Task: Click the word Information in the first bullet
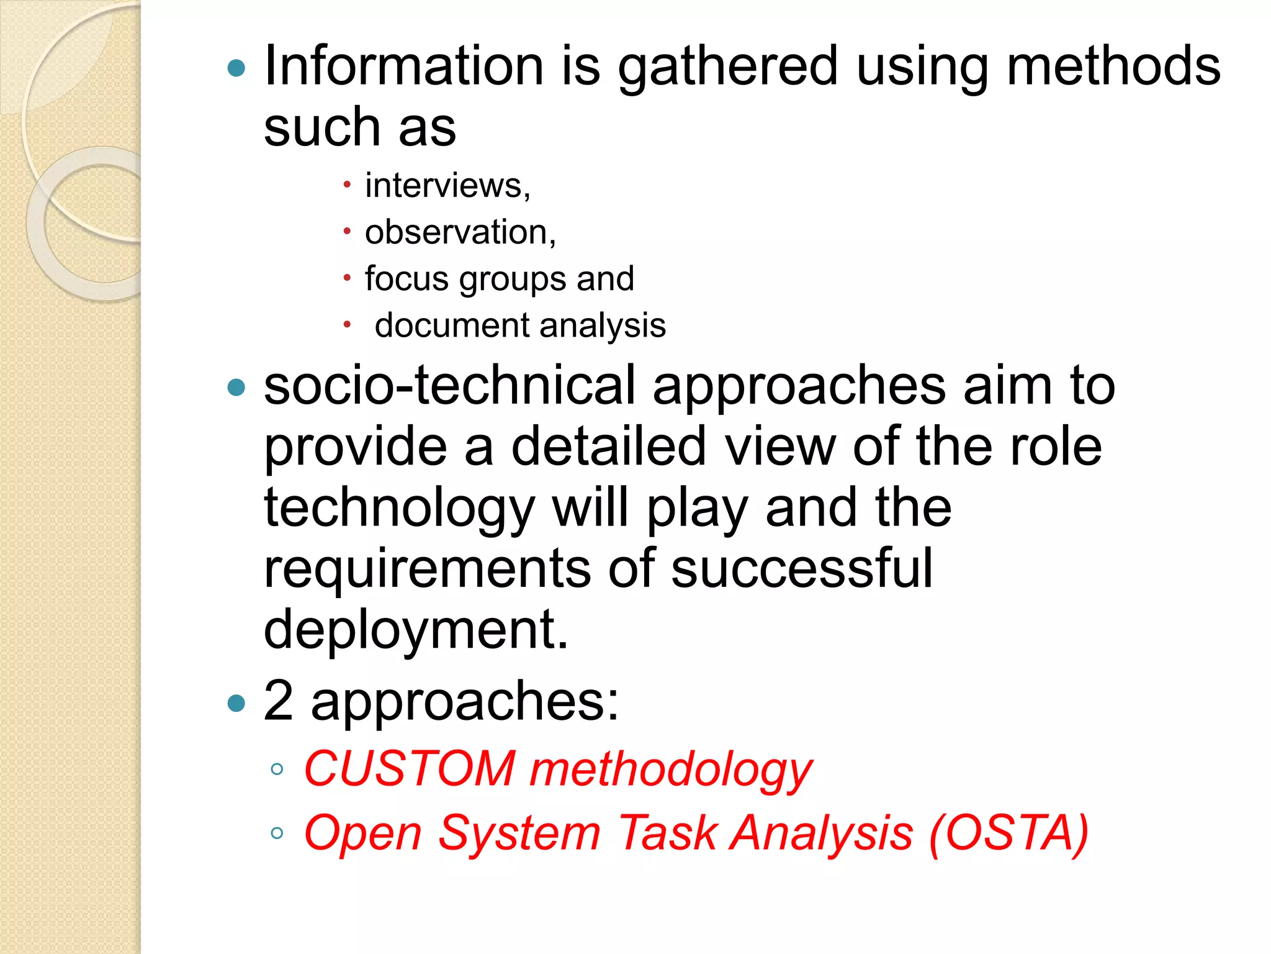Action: point(404,66)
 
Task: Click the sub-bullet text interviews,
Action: point(447,186)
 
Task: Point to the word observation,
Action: point(460,232)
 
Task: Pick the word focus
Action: point(406,278)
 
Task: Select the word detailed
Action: point(608,446)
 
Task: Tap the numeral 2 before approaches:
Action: point(278,701)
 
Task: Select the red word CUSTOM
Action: point(410,768)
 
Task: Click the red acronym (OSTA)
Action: point(1008,833)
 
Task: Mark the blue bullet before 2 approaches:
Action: point(236,703)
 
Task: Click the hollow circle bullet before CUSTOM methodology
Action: point(277,770)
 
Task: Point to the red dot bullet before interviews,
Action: point(347,184)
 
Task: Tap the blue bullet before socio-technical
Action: point(236,388)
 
